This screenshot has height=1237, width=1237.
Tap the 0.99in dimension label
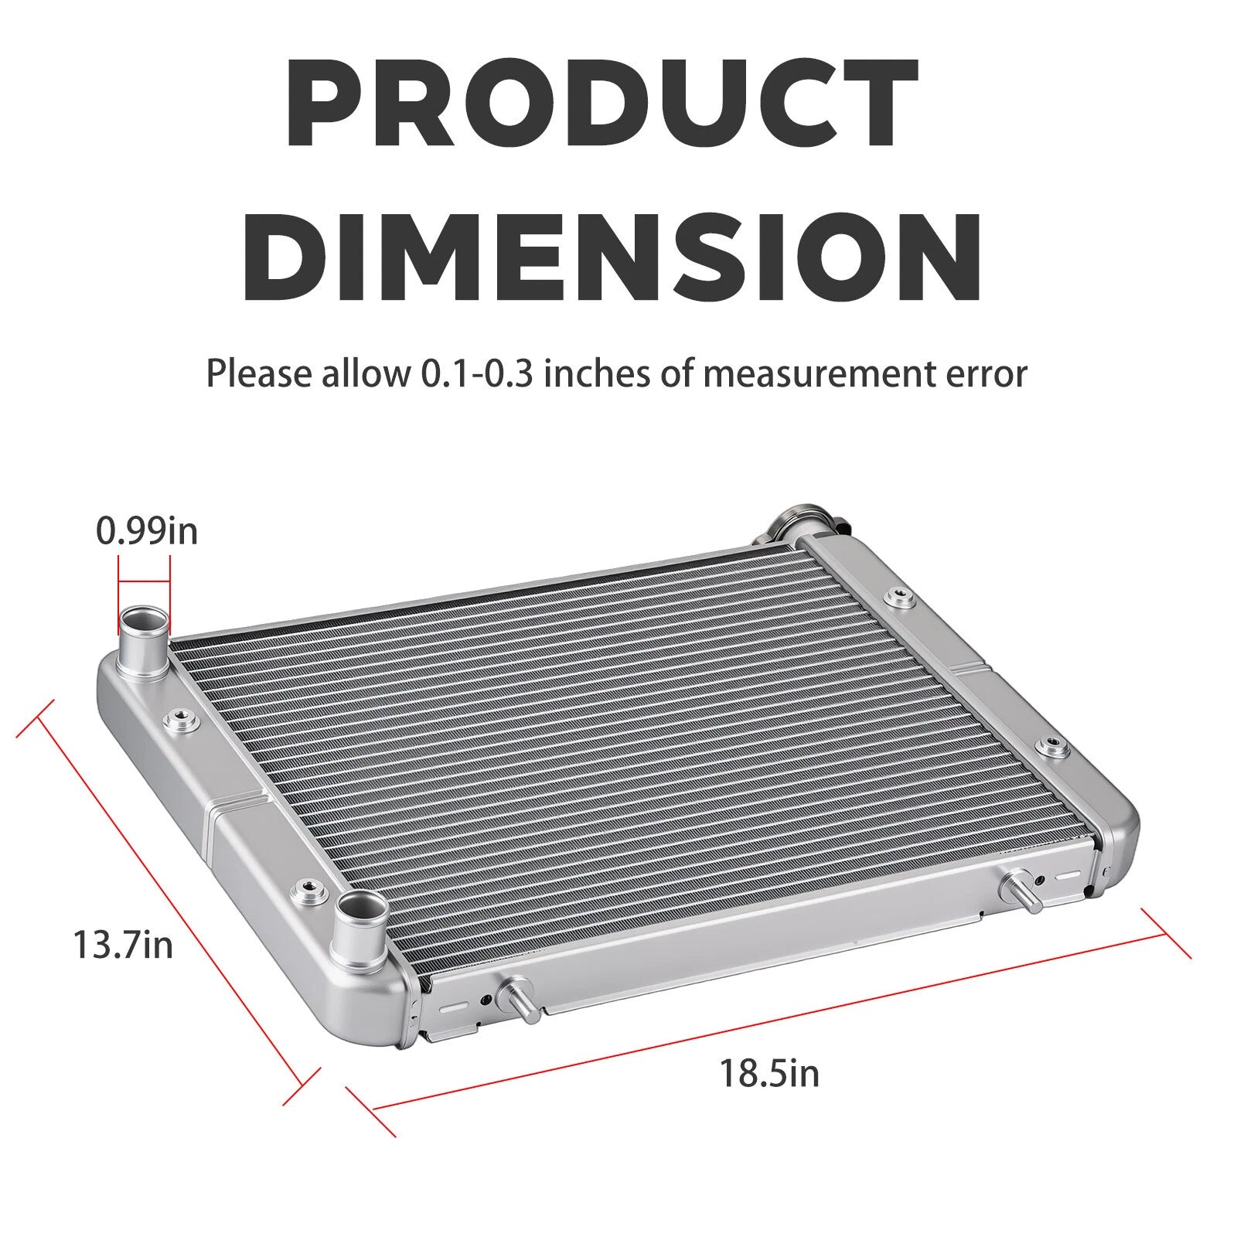(x=147, y=531)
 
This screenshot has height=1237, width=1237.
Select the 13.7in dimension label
(x=123, y=944)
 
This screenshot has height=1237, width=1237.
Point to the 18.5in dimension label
(x=769, y=1073)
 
